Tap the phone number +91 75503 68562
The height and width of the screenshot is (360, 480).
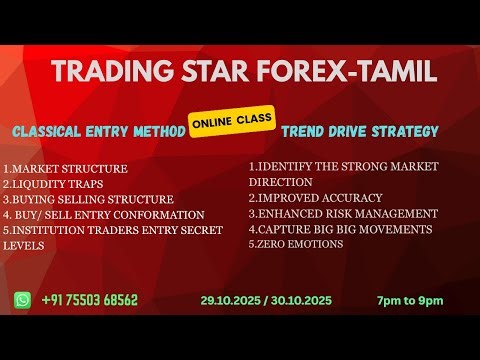89,300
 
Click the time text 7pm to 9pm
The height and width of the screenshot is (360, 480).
410,300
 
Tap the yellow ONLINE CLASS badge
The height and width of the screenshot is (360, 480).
233,117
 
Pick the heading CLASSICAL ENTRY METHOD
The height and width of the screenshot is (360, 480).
97,132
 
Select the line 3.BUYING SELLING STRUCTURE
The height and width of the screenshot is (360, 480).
88,199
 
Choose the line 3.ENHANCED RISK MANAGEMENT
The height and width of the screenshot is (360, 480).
343,213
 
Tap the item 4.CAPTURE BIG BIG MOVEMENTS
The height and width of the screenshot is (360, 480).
340,229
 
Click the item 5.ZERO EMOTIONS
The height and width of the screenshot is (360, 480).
299,244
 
